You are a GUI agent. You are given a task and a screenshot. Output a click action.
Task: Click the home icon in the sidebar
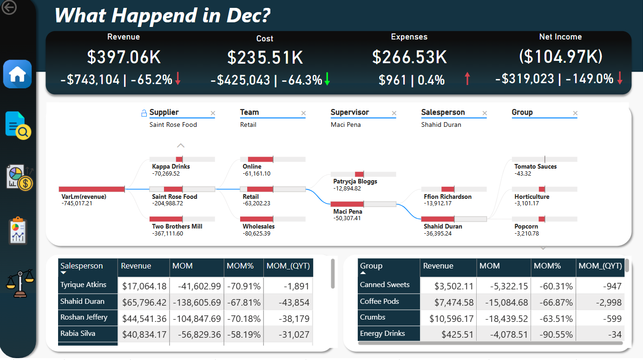click(18, 74)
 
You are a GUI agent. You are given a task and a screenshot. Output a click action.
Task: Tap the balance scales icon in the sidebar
click(20, 283)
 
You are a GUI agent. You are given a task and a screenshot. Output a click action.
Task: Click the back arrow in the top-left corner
click(9, 7)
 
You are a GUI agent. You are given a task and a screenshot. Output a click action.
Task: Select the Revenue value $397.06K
click(124, 57)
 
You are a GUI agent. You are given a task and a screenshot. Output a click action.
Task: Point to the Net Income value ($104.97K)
click(560, 57)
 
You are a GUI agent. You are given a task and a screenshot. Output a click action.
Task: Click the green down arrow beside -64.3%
click(327, 79)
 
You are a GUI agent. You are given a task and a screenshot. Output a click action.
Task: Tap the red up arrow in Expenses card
click(467, 79)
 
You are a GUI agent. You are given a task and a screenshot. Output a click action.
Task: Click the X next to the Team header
click(303, 113)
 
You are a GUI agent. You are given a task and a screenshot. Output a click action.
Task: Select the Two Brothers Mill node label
click(177, 226)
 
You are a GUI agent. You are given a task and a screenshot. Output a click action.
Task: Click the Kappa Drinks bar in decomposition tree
click(182, 159)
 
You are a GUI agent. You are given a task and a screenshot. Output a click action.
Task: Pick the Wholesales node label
click(258, 226)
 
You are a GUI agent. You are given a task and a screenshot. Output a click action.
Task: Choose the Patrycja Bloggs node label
click(355, 181)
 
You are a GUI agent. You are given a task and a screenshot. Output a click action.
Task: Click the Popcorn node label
click(526, 226)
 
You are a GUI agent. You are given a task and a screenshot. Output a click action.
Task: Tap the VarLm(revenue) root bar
click(92, 189)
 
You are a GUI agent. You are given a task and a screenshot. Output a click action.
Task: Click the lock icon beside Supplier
click(144, 113)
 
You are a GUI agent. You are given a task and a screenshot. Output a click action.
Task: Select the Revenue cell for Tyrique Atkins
click(144, 286)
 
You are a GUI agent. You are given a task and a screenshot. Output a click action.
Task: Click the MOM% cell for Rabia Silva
click(243, 334)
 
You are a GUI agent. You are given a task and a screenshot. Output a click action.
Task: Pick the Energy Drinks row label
click(382, 334)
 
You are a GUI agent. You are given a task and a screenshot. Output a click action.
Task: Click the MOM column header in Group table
click(490, 266)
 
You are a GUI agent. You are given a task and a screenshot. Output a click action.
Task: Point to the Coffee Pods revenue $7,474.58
click(448, 302)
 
